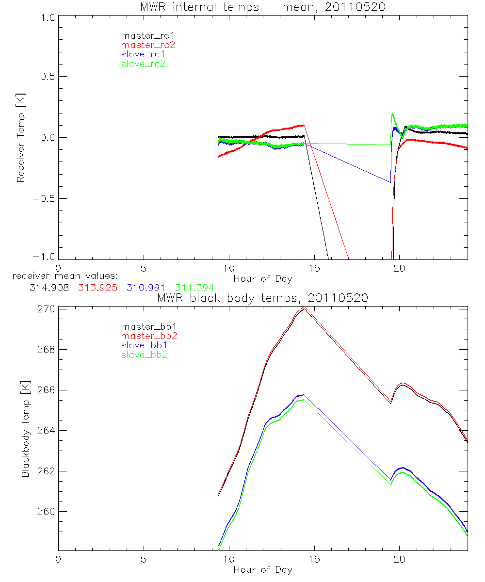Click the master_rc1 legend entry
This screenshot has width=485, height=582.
point(143,35)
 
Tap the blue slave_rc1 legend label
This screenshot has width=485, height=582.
point(143,54)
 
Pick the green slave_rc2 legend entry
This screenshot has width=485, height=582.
point(143,64)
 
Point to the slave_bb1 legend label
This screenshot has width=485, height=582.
point(143,346)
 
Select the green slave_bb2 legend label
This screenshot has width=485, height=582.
point(143,355)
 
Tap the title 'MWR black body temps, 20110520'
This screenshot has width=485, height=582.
point(262,298)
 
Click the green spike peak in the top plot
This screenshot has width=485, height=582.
point(392,114)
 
